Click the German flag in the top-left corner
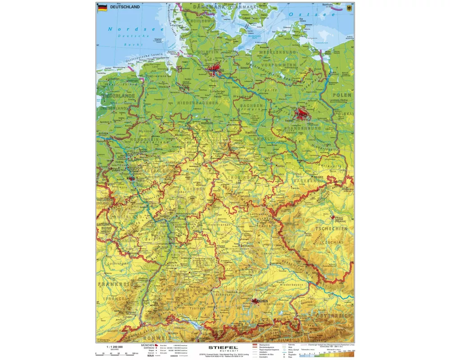coord(102,7)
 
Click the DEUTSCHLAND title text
coord(125,7)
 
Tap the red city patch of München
coord(258,301)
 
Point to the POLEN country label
coord(342,95)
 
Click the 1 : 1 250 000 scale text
coord(114,346)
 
